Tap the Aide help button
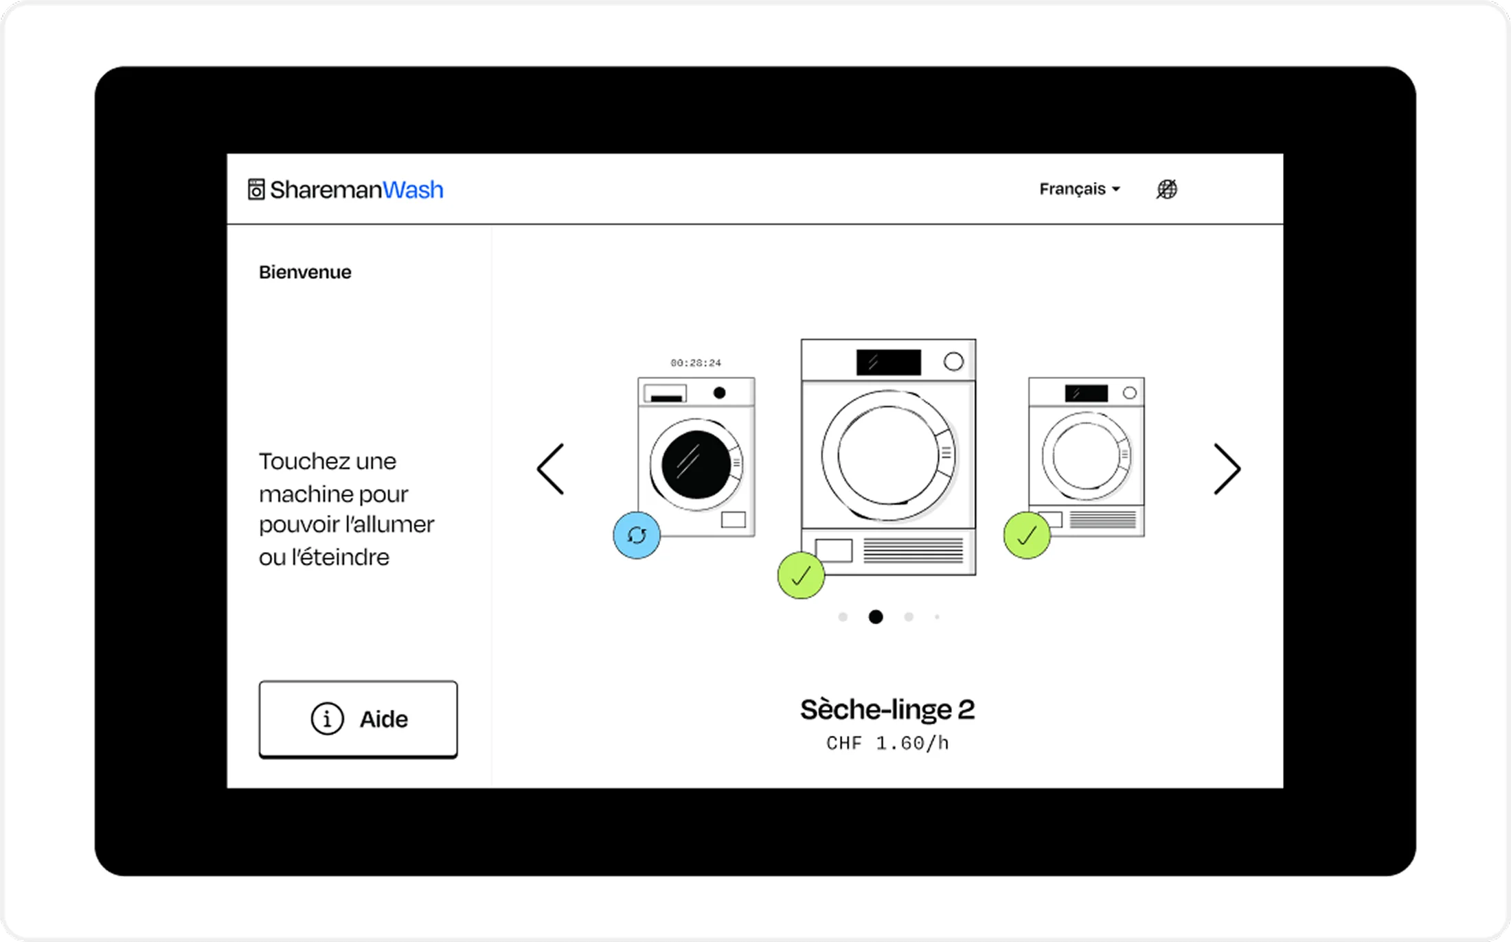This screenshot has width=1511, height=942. (358, 719)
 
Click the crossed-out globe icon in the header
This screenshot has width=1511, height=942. (1167, 189)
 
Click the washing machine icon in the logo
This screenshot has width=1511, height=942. (256, 189)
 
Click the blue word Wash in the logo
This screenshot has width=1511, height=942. (413, 189)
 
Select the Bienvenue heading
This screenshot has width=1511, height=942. (305, 273)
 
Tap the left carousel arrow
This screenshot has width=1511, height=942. (550, 469)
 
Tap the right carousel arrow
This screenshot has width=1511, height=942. (1227, 469)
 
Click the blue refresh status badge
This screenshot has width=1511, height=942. (637, 535)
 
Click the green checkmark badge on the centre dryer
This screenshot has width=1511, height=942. (801, 575)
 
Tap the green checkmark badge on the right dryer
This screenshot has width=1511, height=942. (1027, 535)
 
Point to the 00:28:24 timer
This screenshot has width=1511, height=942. (696, 363)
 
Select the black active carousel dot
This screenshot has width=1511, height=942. (876, 617)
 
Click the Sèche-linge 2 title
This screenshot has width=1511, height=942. (887, 710)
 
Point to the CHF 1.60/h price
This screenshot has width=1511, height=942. (887, 744)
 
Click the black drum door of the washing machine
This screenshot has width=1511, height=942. (696, 465)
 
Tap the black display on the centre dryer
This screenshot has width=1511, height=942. (889, 363)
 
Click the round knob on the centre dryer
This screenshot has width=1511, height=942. (953, 362)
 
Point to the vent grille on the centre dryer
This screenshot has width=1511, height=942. (913, 551)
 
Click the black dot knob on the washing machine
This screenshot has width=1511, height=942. (719, 393)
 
